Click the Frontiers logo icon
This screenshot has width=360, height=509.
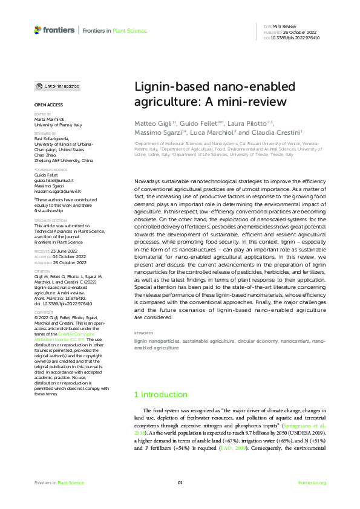(x=39, y=29)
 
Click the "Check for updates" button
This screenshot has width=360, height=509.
(x=57, y=86)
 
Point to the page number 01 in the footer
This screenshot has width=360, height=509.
(x=180, y=482)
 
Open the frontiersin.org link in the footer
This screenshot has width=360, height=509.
(x=312, y=482)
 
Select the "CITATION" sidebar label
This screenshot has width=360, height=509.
(x=42, y=271)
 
